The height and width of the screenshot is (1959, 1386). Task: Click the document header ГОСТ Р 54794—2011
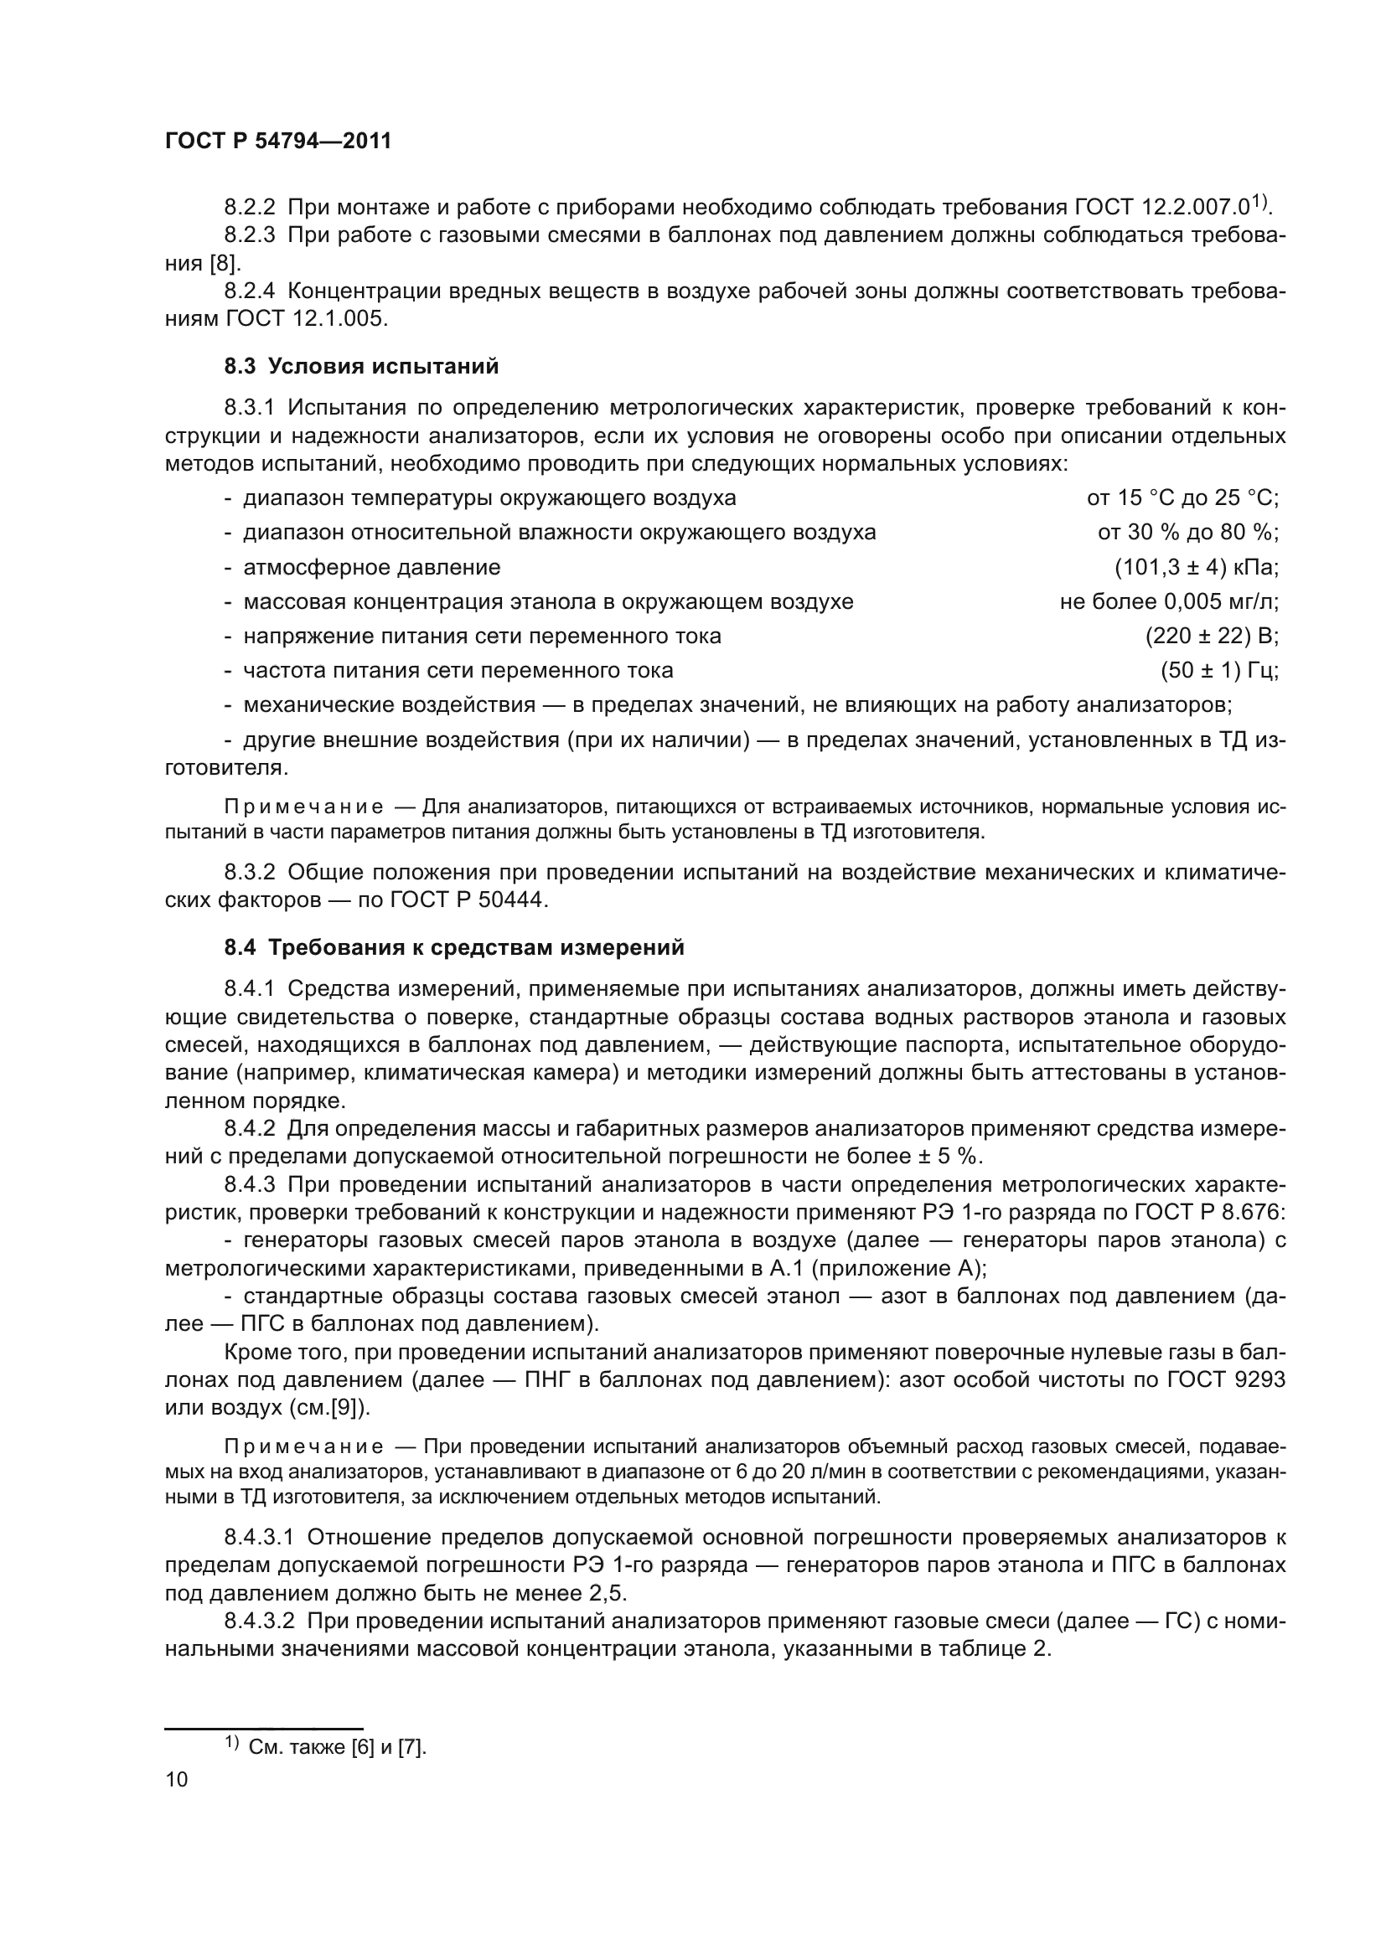click(277, 142)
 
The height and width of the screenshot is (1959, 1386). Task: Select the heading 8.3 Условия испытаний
click(361, 367)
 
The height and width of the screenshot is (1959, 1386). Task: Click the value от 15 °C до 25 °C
click(1182, 498)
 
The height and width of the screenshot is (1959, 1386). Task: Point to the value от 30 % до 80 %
click(1187, 533)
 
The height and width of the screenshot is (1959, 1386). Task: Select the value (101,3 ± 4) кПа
click(1196, 567)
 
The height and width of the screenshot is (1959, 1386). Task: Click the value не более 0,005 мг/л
click(1168, 601)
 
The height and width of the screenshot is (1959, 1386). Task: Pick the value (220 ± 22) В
click(1211, 636)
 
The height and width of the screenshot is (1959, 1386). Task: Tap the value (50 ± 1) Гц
click(1218, 671)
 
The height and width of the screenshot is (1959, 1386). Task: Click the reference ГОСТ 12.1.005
click(308, 319)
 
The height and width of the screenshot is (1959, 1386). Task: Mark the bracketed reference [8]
click(226, 263)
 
